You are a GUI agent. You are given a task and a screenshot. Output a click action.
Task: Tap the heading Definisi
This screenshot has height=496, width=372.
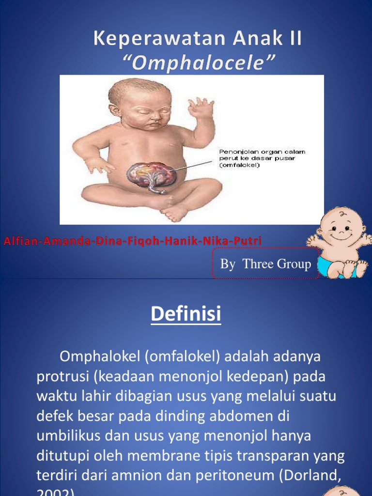point(186,314)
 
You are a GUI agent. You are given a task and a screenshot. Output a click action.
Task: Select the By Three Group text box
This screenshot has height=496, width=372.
point(265,264)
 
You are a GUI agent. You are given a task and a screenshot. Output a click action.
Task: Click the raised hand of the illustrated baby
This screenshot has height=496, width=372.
point(201,108)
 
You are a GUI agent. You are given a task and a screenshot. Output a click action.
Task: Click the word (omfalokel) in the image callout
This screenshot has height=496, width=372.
point(240,165)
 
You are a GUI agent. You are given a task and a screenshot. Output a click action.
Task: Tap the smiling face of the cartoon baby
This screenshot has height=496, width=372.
point(341,227)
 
